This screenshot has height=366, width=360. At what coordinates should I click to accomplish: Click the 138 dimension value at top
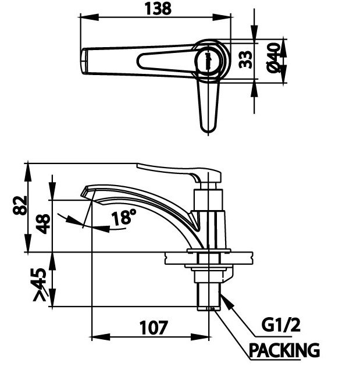coord(157,9)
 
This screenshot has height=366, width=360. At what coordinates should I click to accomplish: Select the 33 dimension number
coord(247,60)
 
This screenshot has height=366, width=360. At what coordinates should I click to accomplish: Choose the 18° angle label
coord(124,218)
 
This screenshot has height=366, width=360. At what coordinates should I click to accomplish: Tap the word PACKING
coord(284,350)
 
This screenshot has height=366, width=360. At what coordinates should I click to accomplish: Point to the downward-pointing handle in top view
coord(208,105)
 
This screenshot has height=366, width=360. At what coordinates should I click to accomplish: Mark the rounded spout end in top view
coord(85,60)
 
